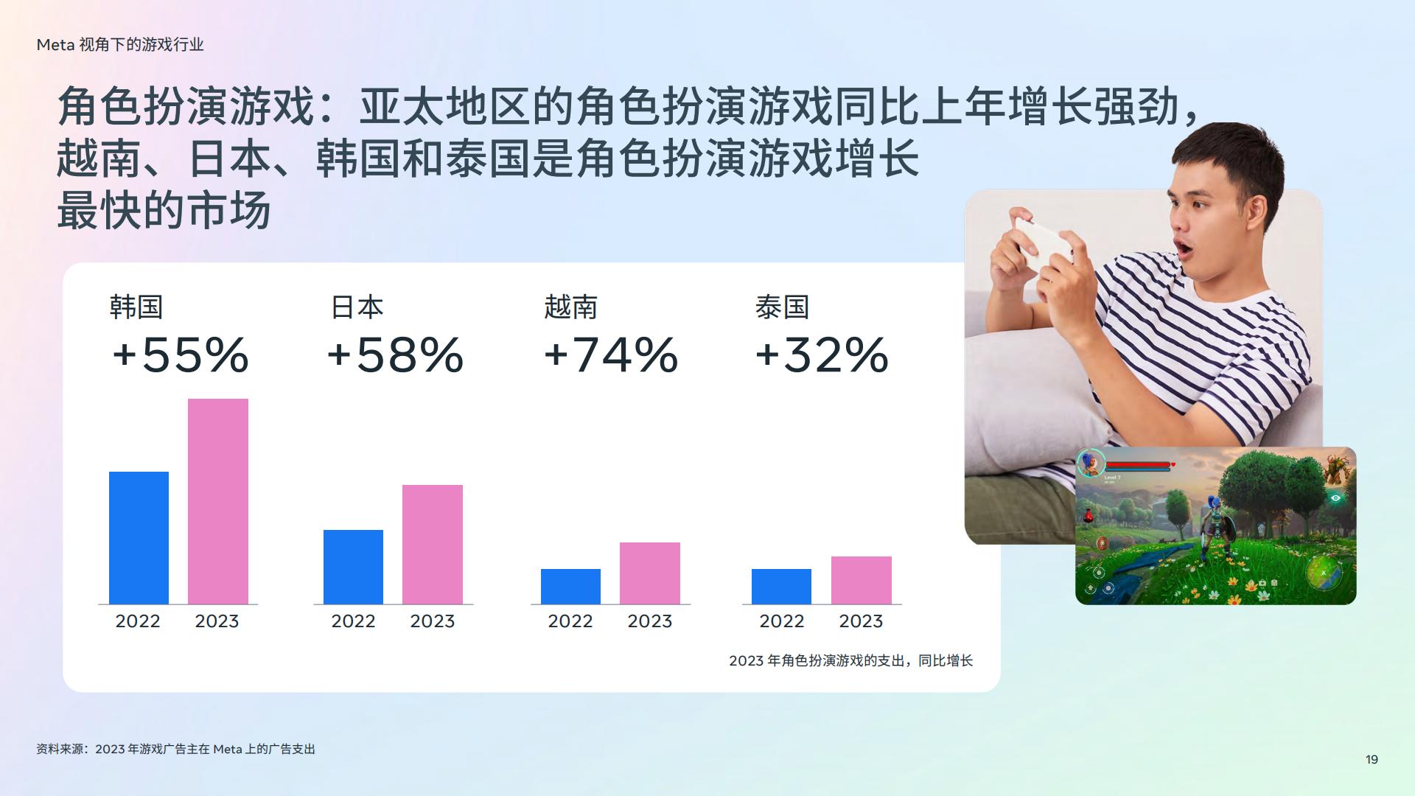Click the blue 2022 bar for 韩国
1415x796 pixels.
pyautogui.click(x=139, y=538)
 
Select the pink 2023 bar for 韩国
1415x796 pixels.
pyautogui.click(x=218, y=501)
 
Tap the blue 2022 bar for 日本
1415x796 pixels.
pyautogui.click(x=353, y=567)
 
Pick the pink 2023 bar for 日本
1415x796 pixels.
pyautogui.click(x=433, y=545)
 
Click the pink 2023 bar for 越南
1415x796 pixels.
pyautogui.click(x=650, y=573)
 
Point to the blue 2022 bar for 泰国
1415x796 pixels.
pyautogui.click(x=781, y=587)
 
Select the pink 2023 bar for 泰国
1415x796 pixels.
pyautogui.click(x=862, y=580)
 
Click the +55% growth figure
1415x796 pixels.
pyautogui.click(x=181, y=355)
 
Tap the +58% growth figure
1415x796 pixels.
pyautogui.click(x=395, y=355)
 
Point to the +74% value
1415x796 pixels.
pyautogui.click(x=611, y=355)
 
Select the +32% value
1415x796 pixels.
pyautogui.click(x=822, y=355)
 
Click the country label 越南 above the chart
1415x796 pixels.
pyautogui.click(x=571, y=307)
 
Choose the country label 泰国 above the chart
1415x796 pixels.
pyautogui.click(x=782, y=307)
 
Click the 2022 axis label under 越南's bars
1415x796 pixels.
pyautogui.click(x=570, y=621)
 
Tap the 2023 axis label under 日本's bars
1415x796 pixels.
pyautogui.click(x=433, y=621)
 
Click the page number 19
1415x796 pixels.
pyautogui.click(x=1372, y=759)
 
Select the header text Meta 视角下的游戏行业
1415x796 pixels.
pyautogui.click(x=120, y=45)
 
